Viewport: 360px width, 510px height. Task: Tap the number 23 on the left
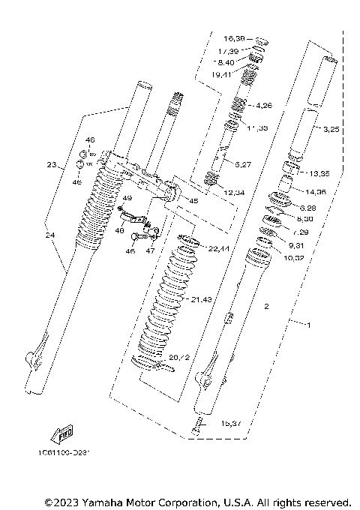tap(51, 165)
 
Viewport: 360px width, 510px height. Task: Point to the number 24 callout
tap(51, 235)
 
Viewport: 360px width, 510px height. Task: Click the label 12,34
tap(233, 192)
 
